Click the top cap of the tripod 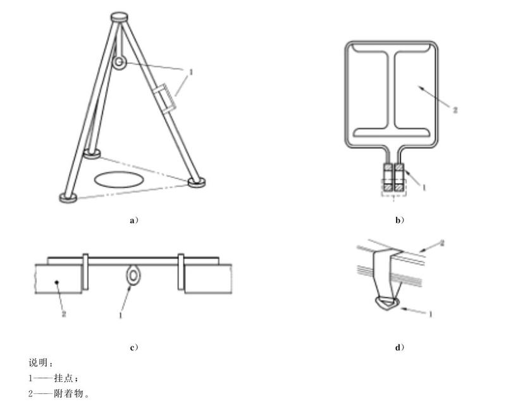tap(120, 17)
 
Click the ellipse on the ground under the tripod tap(118, 179)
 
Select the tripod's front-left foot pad tap(68, 198)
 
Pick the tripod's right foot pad tap(197, 182)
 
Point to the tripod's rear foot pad tap(92, 153)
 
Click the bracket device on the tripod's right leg tap(164, 98)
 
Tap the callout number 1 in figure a tap(190, 72)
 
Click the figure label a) tap(134, 221)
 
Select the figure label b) tap(400, 221)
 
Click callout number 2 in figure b tap(455, 110)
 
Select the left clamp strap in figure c tap(85, 272)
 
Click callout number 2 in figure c tap(64, 313)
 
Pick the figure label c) tap(134, 348)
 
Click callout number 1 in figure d tap(429, 314)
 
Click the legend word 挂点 tap(65, 378)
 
